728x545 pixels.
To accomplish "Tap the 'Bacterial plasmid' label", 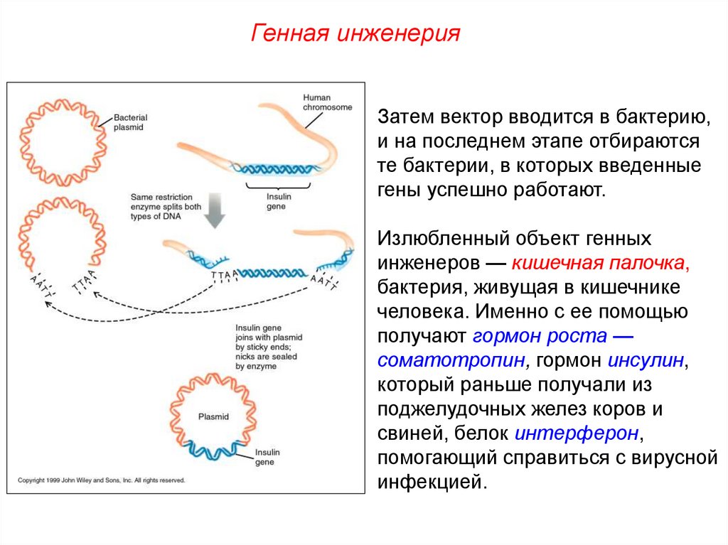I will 132,122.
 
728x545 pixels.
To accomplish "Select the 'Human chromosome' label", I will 328,102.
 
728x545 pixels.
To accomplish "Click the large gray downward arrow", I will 216,210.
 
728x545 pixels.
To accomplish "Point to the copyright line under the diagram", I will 101,480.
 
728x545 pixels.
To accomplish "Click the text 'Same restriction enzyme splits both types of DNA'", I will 166,206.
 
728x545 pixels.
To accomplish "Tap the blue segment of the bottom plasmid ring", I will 213,450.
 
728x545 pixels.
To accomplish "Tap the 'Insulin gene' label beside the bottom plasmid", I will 268,457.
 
